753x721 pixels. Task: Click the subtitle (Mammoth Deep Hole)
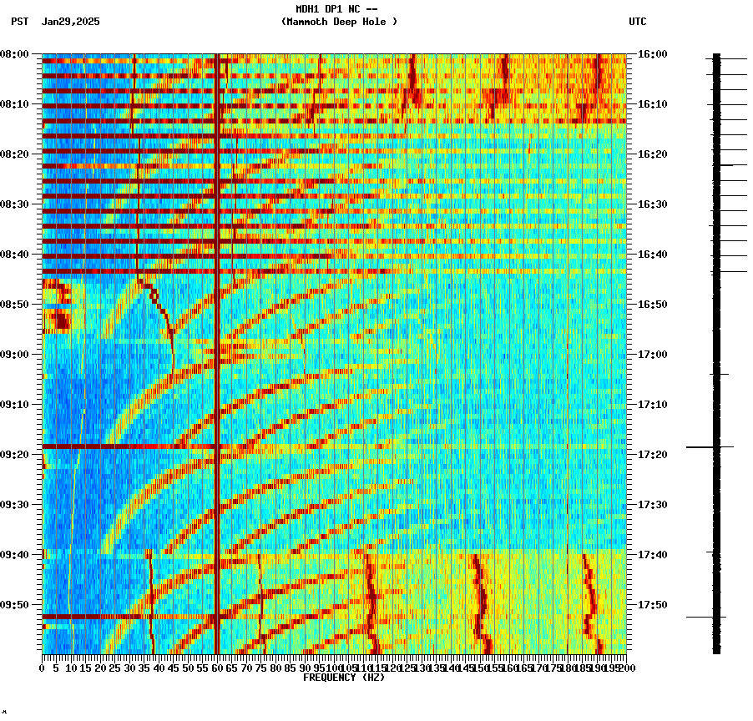tap(339, 22)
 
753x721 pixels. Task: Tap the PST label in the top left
tap(19, 22)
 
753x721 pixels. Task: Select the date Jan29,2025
tap(70, 22)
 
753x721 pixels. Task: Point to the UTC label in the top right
tap(637, 22)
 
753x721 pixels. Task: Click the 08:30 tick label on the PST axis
tap(15, 204)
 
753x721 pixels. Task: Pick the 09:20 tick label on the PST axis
tap(15, 455)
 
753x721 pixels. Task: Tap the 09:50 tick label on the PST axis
tap(15, 605)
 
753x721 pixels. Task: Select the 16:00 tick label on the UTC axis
tap(653, 54)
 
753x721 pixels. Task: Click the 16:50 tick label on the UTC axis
tap(653, 305)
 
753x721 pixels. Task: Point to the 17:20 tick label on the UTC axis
tap(653, 455)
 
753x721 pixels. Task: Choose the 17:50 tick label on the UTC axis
tap(653, 605)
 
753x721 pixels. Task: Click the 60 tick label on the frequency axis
tap(217, 668)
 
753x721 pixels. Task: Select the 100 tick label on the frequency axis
tap(334, 668)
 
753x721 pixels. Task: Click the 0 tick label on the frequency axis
tap(43, 668)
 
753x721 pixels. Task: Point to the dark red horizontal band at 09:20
tap(125, 446)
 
